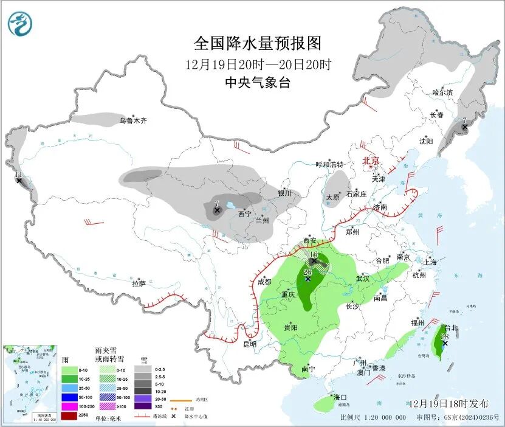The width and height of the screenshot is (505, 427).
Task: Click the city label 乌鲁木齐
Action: pos(132,120)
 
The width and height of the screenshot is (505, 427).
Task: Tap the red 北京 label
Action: pos(371,161)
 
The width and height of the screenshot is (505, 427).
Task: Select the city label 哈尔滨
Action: pos(442,92)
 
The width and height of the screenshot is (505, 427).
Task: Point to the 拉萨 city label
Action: pos(139,283)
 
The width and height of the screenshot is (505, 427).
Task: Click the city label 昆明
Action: pos(250,344)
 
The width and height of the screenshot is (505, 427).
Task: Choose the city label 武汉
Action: pos(363,278)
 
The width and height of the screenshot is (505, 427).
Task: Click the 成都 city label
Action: pos(264,282)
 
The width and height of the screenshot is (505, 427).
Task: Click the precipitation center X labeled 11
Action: pos(19,181)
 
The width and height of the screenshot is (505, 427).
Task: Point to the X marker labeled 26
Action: pos(308,279)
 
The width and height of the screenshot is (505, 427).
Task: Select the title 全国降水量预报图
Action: pos(257,43)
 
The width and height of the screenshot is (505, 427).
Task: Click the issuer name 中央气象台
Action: pos(257,83)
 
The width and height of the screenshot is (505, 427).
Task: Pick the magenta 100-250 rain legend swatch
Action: pos(69,406)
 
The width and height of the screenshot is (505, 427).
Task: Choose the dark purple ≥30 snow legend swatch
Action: pos(143,406)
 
